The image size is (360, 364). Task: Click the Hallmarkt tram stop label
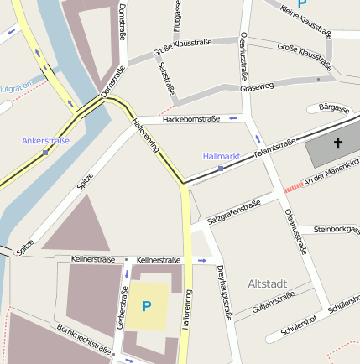pos(222,156)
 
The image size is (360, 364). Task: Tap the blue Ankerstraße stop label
pos(45,141)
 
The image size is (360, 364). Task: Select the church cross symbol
pos(338,143)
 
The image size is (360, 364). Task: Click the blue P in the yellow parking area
pos(146,307)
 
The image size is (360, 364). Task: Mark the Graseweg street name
pos(256,86)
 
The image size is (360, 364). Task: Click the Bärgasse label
pos(334,108)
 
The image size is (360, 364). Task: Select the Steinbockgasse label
pos(336,229)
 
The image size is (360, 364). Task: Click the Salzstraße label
pos(166,77)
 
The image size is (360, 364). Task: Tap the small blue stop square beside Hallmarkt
pos(221,169)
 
